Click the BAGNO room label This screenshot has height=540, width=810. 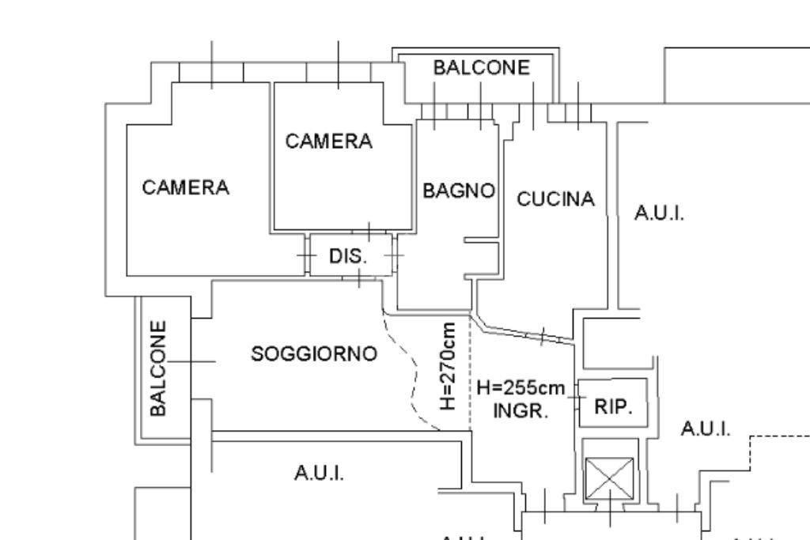point(459,191)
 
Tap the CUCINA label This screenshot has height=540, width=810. point(555,199)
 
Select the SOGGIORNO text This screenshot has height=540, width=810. point(314,354)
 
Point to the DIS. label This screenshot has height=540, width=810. point(349,256)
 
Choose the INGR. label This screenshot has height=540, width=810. point(520,411)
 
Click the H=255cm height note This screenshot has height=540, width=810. point(521,388)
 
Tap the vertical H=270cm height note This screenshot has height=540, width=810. point(449,365)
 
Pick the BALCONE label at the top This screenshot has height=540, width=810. point(481,68)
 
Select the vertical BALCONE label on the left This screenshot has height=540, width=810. point(159,368)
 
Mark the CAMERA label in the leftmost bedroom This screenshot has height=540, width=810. point(186,187)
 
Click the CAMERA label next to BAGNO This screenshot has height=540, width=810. point(328,142)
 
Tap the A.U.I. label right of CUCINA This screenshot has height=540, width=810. point(659,213)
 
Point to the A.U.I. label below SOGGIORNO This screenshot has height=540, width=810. point(319,473)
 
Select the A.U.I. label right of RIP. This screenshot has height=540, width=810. point(706,429)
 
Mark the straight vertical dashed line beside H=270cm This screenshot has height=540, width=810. point(471,372)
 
